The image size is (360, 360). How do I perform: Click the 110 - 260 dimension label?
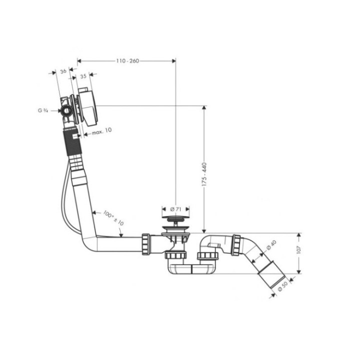(127, 61)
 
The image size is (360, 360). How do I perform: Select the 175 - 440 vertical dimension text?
(204, 174)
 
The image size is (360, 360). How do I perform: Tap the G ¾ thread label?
(42, 110)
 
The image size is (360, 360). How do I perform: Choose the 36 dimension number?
(63, 71)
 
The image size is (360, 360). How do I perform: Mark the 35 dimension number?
(83, 76)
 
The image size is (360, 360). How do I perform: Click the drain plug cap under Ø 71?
(175, 218)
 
